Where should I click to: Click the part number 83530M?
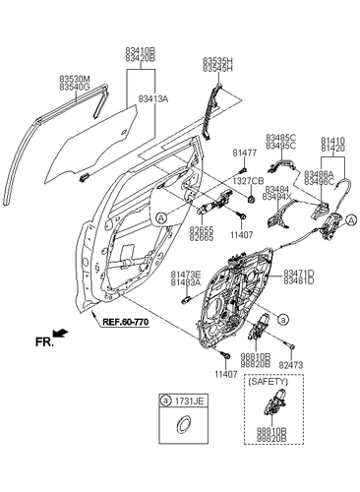click(74, 80)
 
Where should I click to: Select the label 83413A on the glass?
click(153, 99)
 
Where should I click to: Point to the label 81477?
click(244, 153)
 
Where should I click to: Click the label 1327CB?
click(248, 181)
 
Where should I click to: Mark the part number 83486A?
click(318, 174)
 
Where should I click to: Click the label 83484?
click(274, 188)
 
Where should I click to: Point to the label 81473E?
click(185, 274)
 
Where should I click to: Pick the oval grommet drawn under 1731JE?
click(180, 425)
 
